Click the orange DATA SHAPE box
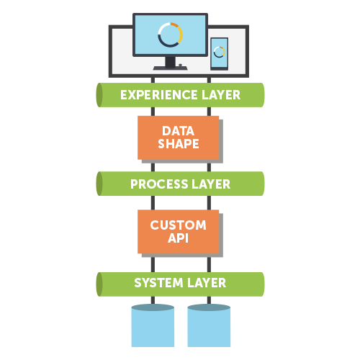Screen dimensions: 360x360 178,137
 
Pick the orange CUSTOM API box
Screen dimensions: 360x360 178,232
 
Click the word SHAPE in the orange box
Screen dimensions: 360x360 179,144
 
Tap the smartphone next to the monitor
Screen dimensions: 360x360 219,54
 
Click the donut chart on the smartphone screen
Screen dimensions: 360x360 219,53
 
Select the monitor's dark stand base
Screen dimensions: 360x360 170,67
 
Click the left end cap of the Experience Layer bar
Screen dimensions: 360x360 100,95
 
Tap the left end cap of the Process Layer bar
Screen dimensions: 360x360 100,184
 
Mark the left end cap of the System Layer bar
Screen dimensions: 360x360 100,283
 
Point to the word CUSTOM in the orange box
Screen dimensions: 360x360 178,225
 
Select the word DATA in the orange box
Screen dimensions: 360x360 178,130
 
